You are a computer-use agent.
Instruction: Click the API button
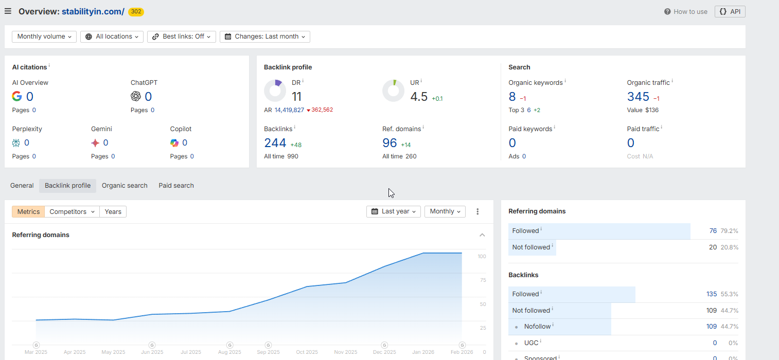pos(730,11)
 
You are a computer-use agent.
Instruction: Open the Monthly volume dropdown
pos(44,37)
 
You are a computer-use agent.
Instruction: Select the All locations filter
pos(112,37)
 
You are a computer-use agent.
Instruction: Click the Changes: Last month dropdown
pos(264,37)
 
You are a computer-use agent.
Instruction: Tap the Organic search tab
pos(125,186)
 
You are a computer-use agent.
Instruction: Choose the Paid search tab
pos(176,186)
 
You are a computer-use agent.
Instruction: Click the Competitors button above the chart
pos(72,211)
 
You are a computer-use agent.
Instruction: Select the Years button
pos(113,211)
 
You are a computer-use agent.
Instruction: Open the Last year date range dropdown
pos(394,211)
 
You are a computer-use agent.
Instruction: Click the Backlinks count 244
pos(275,143)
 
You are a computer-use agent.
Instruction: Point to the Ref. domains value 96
pos(389,143)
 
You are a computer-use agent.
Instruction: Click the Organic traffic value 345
pos(638,97)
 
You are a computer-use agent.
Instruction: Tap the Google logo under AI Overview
pos(17,96)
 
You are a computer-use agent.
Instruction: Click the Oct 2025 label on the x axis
pos(307,352)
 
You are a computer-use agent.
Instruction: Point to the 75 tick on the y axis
pos(482,280)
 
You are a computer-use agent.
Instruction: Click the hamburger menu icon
pos(8,11)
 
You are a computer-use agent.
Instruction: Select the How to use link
pos(686,11)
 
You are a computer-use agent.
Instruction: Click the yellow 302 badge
pos(136,11)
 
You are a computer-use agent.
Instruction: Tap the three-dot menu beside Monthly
pos(477,211)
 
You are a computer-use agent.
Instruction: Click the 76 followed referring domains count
pos(713,231)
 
